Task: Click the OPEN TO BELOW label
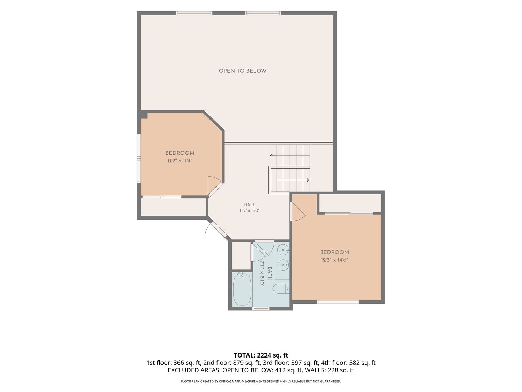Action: [242, 71]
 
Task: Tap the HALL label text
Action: [250, 205]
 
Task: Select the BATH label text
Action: [270, 274]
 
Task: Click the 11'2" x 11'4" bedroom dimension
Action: [180, 161]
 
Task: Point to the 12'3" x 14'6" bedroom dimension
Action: [334, 260]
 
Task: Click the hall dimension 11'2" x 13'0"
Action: [250, 211]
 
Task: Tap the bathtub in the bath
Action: [242, 289]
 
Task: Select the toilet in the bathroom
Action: [280, 289]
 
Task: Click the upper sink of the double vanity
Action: [284, 250]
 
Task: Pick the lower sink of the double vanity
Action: [284, 264]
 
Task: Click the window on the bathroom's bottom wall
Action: [261, 309]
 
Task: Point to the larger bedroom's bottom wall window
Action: [338, 302]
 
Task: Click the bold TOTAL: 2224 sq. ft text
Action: [261, 355]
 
